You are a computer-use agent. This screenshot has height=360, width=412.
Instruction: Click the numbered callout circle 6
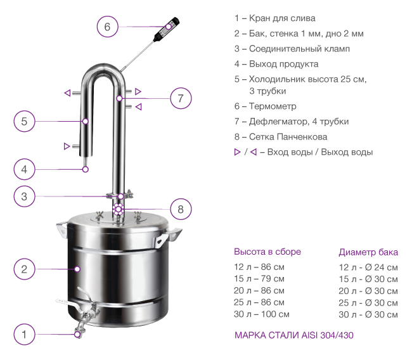coord(107,27)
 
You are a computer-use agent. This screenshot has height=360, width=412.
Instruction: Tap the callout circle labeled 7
coord(181,98)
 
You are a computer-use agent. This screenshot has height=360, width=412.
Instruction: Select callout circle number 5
coord(24,121)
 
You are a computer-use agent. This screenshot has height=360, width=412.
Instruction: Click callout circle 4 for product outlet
coord(24,169)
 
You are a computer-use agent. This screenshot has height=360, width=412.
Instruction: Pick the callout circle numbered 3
coord(24,196)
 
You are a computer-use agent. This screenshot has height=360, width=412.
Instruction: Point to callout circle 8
coord(181,209)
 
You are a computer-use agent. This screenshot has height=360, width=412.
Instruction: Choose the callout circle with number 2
coord(24,269)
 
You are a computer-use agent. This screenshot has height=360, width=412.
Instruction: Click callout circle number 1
coord(24,335)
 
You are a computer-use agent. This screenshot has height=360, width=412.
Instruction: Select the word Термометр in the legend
coord(273,106)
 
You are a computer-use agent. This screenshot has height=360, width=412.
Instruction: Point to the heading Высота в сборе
coord(267,252)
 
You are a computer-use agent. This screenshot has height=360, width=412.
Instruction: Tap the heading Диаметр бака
coord(368,252)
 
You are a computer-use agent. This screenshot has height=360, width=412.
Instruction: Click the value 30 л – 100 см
coord(261,314)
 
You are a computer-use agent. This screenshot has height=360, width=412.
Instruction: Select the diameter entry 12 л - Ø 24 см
coord(368,267)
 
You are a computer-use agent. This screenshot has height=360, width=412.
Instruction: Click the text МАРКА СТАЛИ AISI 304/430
coord(293,335)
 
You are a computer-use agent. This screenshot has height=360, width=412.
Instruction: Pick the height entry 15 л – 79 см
coord(259,278)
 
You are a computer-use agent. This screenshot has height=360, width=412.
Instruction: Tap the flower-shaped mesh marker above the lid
coord(119,209)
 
